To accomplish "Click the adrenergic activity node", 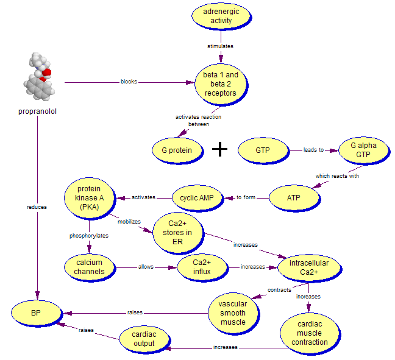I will pos(221,16).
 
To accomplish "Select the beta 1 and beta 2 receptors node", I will pos(220,84).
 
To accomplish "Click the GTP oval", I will pos(262,150).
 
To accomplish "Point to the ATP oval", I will pos(293,197).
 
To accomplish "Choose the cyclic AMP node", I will pos(196,197).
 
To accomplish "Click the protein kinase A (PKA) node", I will pos(90,197).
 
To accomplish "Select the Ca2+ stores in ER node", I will pos(177,232).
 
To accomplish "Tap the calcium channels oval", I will pos(90,267).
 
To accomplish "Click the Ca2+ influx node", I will pos(201,267).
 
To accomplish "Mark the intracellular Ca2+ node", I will pos(308,267).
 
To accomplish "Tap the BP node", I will pos(37,313).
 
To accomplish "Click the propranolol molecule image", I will pos(40,76).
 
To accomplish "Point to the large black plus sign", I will pos(219,150).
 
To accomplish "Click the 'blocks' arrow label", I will pos(129,82).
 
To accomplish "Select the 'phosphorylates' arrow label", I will pos(89,235).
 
